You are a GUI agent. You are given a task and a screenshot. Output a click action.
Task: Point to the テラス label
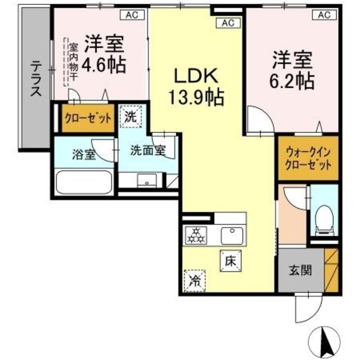pyautogui.click(x=35, y=79)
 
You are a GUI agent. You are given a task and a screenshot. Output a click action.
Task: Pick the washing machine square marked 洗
pyautogui.click(x=130, y=118)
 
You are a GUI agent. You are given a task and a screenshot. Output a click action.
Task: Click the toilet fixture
pyautogui.click(x=323, y=219)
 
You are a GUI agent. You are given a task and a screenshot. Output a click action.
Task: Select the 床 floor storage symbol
pyautogui.click(x=230, y=260)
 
